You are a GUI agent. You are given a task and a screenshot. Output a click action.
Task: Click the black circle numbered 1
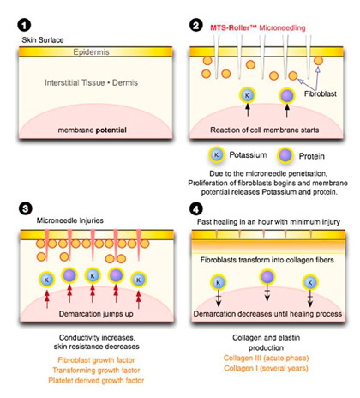pyautogui.click(x=24, y=25)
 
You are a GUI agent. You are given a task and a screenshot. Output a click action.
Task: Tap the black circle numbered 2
pyautogui.click(x=196, y=25)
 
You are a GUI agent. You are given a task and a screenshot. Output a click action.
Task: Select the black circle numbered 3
pyautogui.click(x=26, y=208)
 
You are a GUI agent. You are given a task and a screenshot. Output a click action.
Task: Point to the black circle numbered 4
pyautogui.click(x=195, y=209)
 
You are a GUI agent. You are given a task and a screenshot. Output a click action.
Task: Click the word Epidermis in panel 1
pyautogui.click(x=91, y=52)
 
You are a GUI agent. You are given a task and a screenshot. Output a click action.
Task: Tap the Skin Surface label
pyautogui.click(x=43, y=40)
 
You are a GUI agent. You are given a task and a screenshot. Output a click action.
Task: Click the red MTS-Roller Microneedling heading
pyautogui.click(x=258, y=27)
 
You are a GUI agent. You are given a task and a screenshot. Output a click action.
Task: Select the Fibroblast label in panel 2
pyautogui.click(x=321, y=93)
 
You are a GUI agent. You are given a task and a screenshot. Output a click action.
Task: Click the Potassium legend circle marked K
pyautogui.click(x=216, y=155)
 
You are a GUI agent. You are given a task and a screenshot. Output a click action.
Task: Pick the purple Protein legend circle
pyautogui.click(x=285, y=155)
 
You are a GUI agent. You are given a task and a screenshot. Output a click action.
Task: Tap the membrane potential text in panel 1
pyautogui.click(x=92, y=130)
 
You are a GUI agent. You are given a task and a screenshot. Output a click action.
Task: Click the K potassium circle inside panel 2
pyautogui.click(x=248, y=95)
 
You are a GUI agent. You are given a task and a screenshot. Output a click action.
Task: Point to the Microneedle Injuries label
pyautogui.click(x=70, y=220)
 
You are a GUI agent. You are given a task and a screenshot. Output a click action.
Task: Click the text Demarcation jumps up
pyautogui.click(x=96, y=314)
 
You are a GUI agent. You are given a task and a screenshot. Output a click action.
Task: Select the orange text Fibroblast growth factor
pyautogui.click(x=96, y=360)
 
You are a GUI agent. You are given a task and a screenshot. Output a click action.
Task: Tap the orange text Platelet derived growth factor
pyautogui.click(x=96, y=381)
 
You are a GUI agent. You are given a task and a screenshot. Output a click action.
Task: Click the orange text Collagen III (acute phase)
pyautogui.click(x=266, y=358)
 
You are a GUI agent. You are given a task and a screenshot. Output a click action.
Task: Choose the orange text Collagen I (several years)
pyautogui.click(x=266, y=368)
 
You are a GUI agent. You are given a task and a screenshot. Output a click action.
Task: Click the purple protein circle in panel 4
pyautogui.click(x=267, y=277)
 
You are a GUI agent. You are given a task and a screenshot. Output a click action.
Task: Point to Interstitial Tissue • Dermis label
pyautogui.click(x=91, y=83)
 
